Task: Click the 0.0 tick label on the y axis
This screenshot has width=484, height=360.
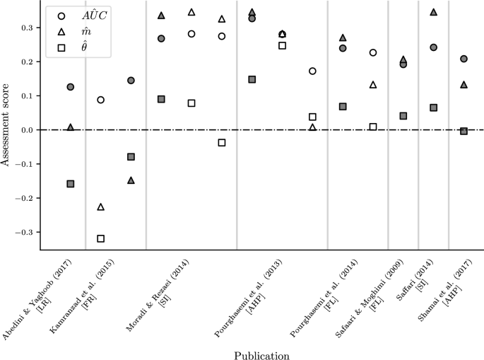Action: point(26,130)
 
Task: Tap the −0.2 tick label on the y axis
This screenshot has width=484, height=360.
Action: point(23,198)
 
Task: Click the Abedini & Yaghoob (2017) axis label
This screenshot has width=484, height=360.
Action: point(35,301)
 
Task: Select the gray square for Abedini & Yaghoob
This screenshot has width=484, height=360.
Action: point(71,184)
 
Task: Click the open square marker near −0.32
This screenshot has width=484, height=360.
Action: point(101,238)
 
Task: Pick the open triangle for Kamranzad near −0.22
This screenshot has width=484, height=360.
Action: point(101,207)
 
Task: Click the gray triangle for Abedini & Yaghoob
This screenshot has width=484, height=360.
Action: point(71,127)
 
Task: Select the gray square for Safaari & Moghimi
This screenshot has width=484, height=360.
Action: point(403,116)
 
